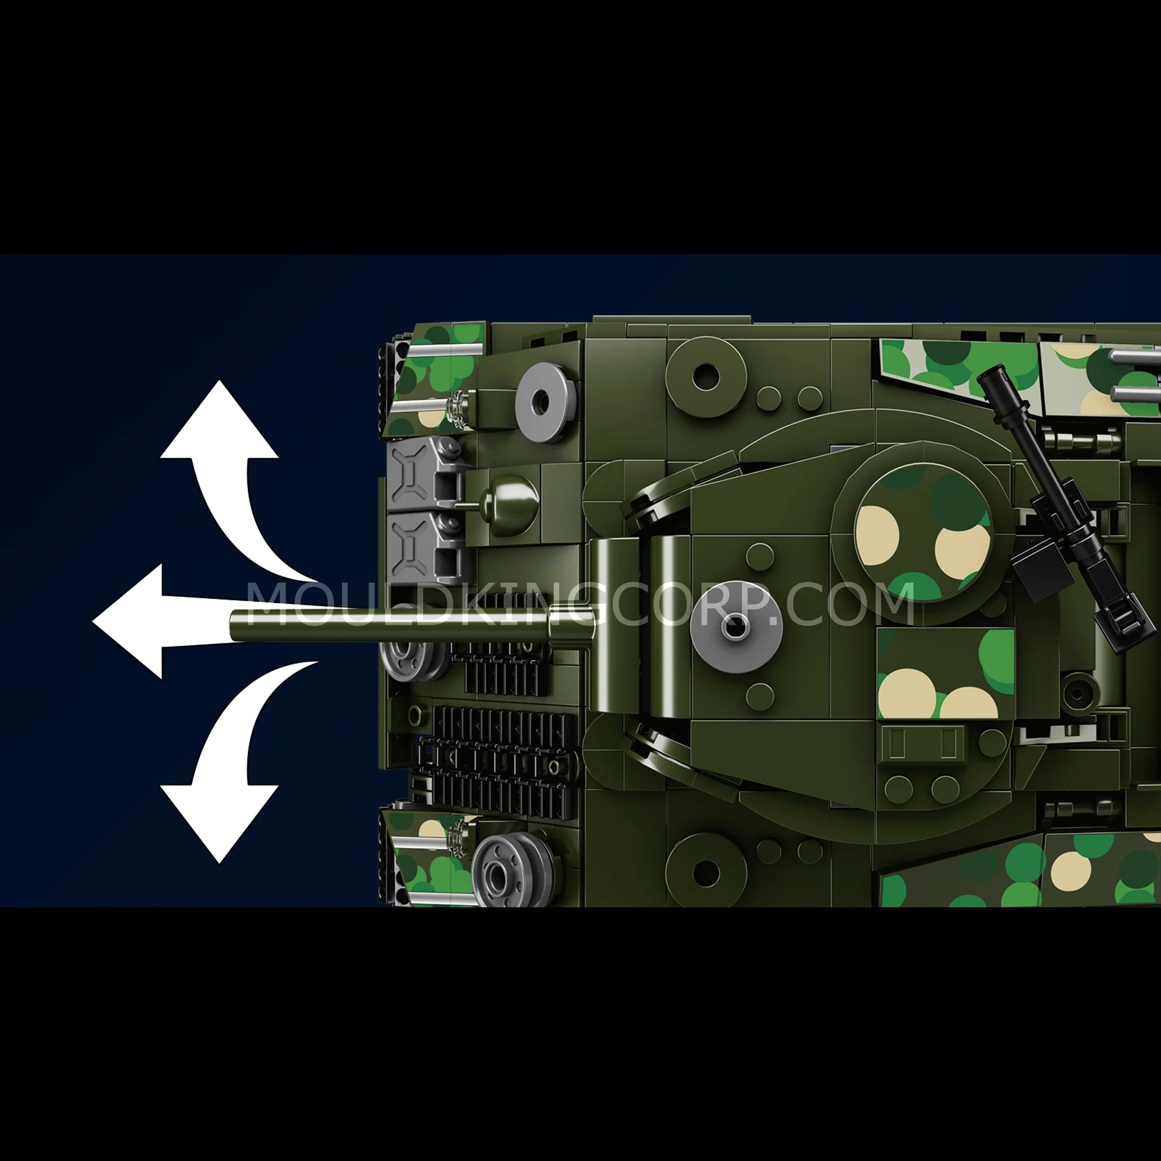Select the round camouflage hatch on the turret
coord(922,532)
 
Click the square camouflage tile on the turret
coord(946,673)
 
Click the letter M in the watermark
coord(274,603)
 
